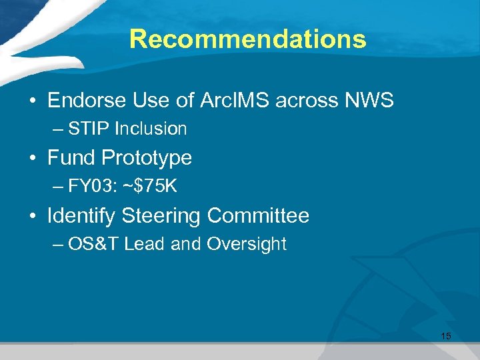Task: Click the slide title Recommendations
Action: point(247,39)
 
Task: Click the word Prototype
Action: point(146,158)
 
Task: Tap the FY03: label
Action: point(93,187)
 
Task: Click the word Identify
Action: point(81,216)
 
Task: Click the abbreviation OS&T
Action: point(93,245)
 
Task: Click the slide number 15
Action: point(445,336)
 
